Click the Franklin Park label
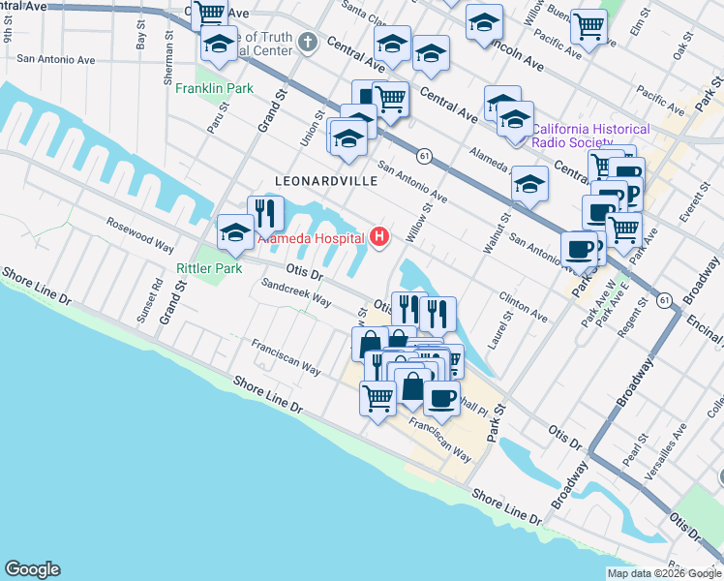tap(214, 88)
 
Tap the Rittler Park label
tap(208, 267)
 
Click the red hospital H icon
tap(379, 235)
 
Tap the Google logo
tap(32, 569)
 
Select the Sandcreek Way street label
tap(296, 292)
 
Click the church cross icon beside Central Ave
tap(308, 42)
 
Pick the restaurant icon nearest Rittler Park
tap(264, 212)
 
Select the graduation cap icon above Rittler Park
tap(235, 230)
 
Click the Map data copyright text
tap(663, 573)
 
